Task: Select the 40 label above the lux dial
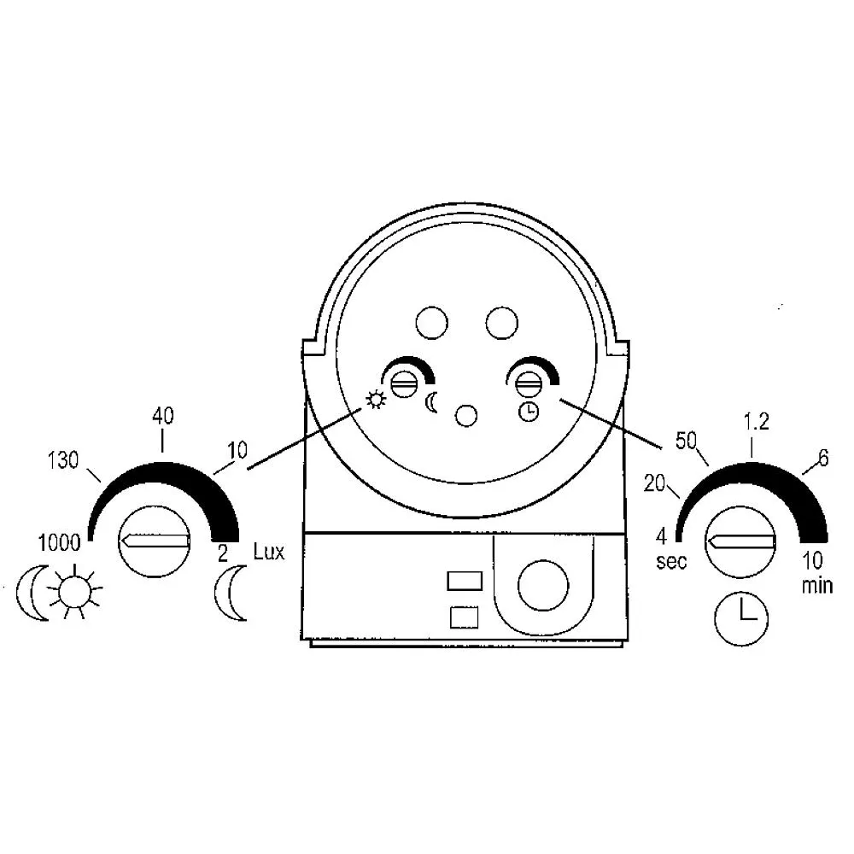[162, 417]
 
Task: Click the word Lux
[269, 551]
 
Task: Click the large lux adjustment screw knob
[155, 541]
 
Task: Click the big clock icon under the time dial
[740, 618]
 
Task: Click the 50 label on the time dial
[687, 441]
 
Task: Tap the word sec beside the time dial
[671, 562]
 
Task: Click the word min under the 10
[817, 585]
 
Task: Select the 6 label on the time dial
[823, 459]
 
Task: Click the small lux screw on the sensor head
[403, 384]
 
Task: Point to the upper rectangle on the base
[465, 581]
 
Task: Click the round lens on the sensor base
[543, 586]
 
